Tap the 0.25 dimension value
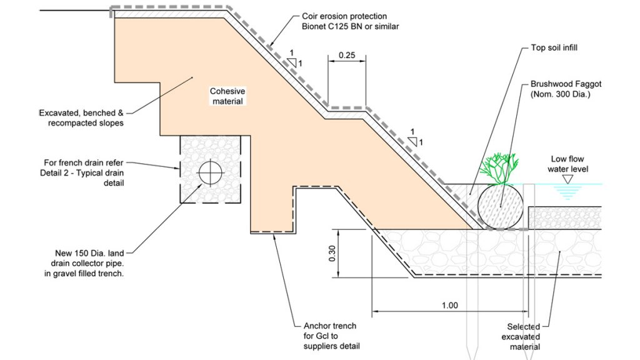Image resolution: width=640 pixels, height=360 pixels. click(347, 55)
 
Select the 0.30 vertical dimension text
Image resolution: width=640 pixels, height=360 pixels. click(332, 253)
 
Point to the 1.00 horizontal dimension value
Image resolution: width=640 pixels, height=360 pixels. click(449, 306)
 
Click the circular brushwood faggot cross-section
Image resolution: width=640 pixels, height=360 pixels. click(501, 206)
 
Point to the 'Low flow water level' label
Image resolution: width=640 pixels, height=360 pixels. click(567, 164)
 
